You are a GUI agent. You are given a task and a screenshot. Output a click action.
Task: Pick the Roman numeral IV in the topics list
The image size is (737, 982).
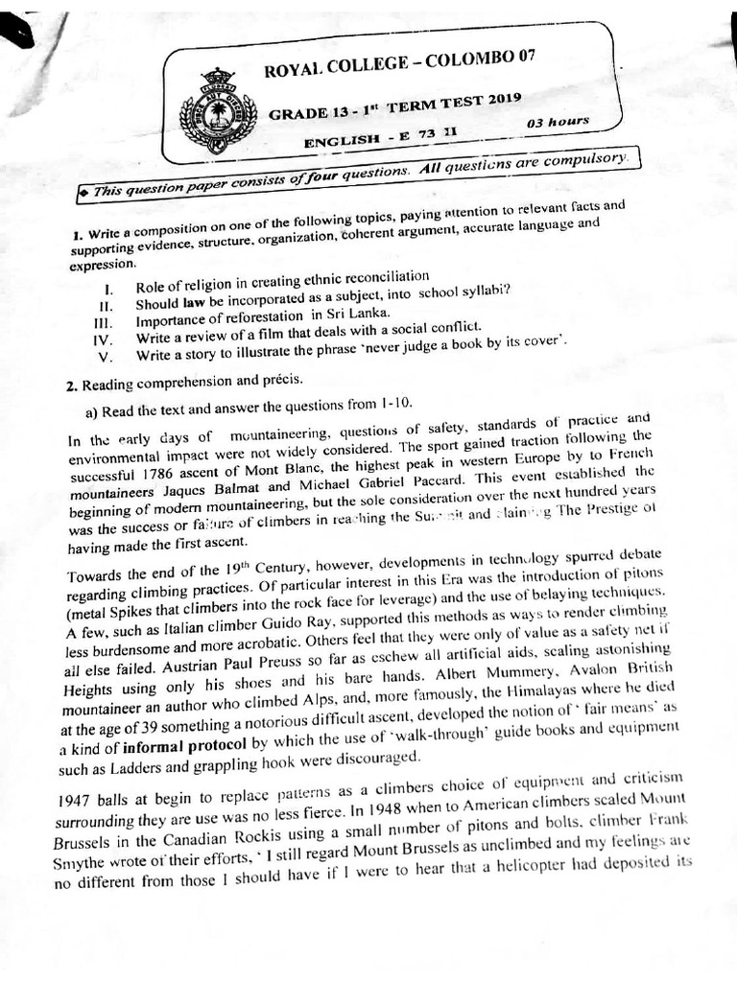103,339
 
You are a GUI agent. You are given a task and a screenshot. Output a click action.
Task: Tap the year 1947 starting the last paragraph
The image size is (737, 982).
75,800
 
